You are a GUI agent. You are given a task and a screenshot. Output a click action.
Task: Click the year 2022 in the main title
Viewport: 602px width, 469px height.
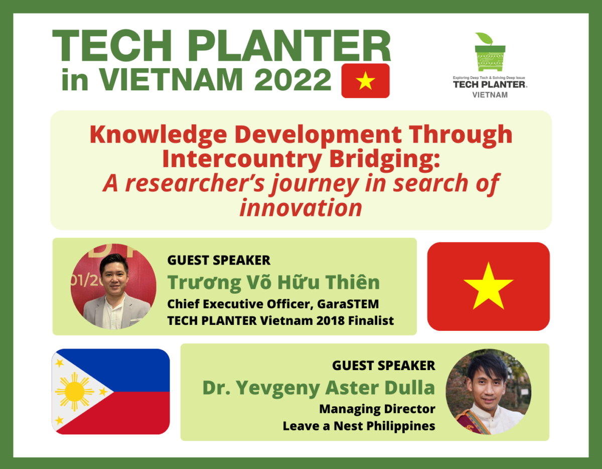point(293,79)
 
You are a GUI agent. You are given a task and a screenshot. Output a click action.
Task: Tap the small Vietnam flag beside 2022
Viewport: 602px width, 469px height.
point(365,81)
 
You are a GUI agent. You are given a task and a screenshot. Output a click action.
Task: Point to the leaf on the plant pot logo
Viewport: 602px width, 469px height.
point(484,38)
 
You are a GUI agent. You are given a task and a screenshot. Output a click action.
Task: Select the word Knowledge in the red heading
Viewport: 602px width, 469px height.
point(158,135)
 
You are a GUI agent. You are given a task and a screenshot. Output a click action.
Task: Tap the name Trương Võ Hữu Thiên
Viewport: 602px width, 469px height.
point(273,282)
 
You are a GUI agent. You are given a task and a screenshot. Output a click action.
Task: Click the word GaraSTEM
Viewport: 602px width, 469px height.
point(348,304)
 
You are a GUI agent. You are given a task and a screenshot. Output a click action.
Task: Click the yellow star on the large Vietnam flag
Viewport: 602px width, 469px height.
point(489,286)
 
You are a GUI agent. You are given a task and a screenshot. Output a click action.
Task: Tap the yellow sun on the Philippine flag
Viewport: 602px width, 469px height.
point(74,391)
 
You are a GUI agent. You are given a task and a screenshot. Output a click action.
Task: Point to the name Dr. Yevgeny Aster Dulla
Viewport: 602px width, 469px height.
point(319,388)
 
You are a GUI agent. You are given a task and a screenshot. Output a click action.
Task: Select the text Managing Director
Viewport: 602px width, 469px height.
point(377,409)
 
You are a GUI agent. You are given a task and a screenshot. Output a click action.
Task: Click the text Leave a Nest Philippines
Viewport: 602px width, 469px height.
point(359,426)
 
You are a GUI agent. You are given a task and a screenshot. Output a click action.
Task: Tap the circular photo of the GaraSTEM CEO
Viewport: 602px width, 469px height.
point(113,286)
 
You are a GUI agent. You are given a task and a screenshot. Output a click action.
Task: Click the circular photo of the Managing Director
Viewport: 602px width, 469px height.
point(489,391)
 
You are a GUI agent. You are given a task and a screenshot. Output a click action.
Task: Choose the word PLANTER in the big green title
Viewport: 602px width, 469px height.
point(290,46)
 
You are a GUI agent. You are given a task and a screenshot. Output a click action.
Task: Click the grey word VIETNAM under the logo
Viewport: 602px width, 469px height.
point(490,95)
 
